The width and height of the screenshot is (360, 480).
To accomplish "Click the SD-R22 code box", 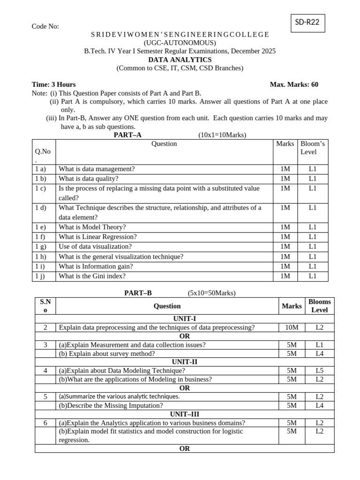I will (x=307, y=22).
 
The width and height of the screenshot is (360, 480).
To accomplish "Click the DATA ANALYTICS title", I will (x=180, y=60).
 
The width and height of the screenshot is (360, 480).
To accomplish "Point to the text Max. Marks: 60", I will (x=294, y=84).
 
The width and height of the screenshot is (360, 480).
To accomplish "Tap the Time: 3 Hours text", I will (x=53, y=84).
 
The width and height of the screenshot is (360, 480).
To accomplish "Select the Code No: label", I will (x=45, y=26).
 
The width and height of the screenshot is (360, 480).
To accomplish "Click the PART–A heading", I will (x=127, y=135).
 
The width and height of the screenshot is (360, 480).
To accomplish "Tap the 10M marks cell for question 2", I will (x=292, y=327).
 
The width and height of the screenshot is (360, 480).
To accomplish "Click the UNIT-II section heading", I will (x=185, y=362).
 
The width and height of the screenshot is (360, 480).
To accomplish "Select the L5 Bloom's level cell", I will (x=319, y=370).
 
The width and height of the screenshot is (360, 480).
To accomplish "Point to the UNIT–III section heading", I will (x=185, y=414).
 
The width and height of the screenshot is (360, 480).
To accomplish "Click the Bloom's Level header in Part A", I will (x=313, y=148).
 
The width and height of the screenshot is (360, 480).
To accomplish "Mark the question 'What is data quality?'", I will (x=89, y=178).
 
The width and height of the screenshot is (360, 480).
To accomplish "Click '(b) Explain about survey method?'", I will (x=107, y=353).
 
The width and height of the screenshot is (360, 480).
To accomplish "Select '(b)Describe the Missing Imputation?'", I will (x=111, y=405).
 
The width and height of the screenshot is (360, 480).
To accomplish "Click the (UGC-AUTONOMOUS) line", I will (x=180, y=43).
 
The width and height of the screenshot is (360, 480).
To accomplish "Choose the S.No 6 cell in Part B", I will (x=45, y=423).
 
